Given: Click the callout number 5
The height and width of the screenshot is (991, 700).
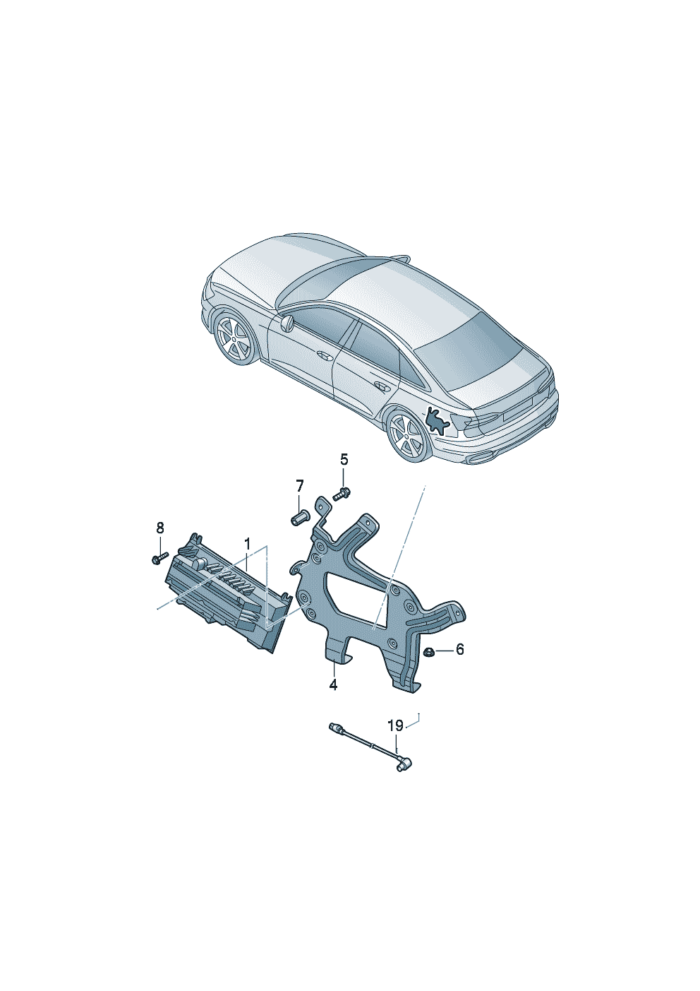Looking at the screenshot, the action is point(344,460).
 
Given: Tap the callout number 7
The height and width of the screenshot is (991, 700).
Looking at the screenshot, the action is point(300,487).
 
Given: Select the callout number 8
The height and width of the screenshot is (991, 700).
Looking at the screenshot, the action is point(160,528).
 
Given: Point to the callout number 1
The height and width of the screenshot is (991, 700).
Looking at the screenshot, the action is point(248,544).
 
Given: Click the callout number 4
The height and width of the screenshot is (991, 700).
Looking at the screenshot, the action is point(333,685).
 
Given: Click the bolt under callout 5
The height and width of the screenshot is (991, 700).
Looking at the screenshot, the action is point(341,493).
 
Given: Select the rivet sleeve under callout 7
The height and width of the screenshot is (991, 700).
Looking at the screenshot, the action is point(299,517).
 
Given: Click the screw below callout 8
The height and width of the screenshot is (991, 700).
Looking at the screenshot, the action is point(160,557).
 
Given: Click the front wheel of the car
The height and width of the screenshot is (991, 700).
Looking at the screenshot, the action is point(237,339).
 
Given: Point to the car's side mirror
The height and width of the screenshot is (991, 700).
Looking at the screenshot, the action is point(286,323).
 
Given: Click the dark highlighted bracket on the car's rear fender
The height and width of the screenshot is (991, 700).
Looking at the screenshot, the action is point(436,421).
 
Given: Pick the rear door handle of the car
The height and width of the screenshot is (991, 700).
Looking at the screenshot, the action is point(380,386).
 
